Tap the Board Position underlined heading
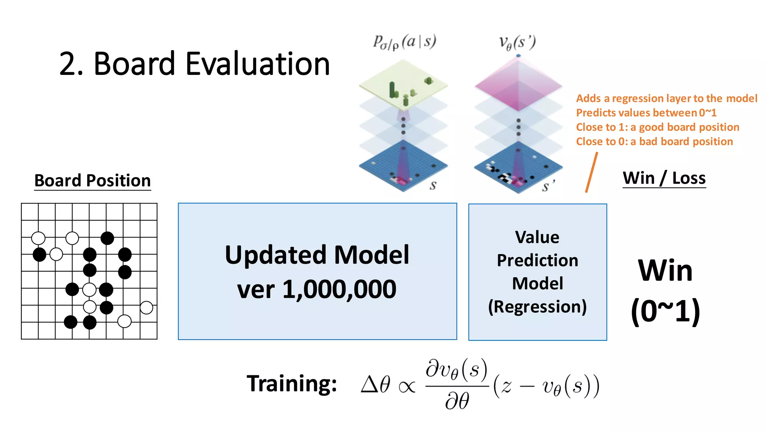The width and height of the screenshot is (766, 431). (92, 181)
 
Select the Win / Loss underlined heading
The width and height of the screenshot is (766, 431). (664, 178)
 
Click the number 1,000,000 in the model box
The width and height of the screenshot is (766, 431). (339, 289)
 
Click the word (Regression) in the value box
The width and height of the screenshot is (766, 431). (537, 306)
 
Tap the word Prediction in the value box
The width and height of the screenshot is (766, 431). (537, 260)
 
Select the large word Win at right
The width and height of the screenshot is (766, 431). (665, 270)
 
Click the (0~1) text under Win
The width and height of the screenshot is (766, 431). (665, 311)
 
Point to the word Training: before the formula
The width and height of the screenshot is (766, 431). (292, 383)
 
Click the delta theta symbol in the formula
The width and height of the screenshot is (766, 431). (376, 384)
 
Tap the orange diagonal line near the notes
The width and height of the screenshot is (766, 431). (591, 172)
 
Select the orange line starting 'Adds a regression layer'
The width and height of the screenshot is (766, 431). (667, 98)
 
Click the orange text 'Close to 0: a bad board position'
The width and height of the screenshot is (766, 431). (654, 141)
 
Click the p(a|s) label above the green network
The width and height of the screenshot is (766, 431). (405, 42)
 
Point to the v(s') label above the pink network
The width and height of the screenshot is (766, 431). (517, 43)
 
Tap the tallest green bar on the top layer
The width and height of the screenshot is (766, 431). (392, 89)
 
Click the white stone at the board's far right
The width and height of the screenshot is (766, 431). (146, 308)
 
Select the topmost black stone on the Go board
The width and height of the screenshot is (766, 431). (107, 238)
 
